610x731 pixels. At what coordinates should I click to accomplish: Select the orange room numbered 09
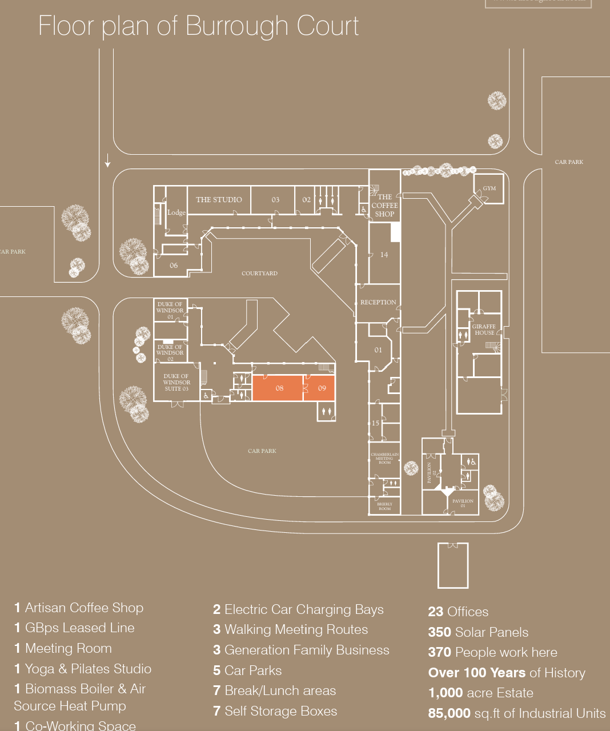click(x=322, y=388)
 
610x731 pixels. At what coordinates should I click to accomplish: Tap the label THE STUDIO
click(x=219, y=200)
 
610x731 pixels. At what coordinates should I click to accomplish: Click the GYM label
click(x=489, y=188)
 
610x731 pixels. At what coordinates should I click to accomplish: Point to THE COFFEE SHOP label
click(x=384, y=206)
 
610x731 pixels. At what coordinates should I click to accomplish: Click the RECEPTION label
click(x=378, y=302)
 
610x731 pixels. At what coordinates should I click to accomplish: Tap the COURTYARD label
click(x=259, y=274)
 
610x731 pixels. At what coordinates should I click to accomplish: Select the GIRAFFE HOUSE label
click(x=484, y=330)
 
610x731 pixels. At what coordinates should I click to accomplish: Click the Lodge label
click(x=176, y=212)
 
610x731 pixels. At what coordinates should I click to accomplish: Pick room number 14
click(x=384, y=255)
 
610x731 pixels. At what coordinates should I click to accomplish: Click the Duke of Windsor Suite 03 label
click(x=176, y=383)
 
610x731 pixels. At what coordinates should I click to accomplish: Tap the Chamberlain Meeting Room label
click(x=384, y=458)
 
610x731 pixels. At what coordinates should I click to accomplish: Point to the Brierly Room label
click(x=384, y=506)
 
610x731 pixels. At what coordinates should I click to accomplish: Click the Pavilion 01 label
click(x=463, y=503)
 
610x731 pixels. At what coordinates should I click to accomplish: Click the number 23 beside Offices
click(x=435, y=612)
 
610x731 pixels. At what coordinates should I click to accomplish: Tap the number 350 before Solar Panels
click(x=439, y=632)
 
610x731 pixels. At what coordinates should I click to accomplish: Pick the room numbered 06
click(x=174, y=266)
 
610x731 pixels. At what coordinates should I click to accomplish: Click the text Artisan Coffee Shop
click(x=84, y=608)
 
